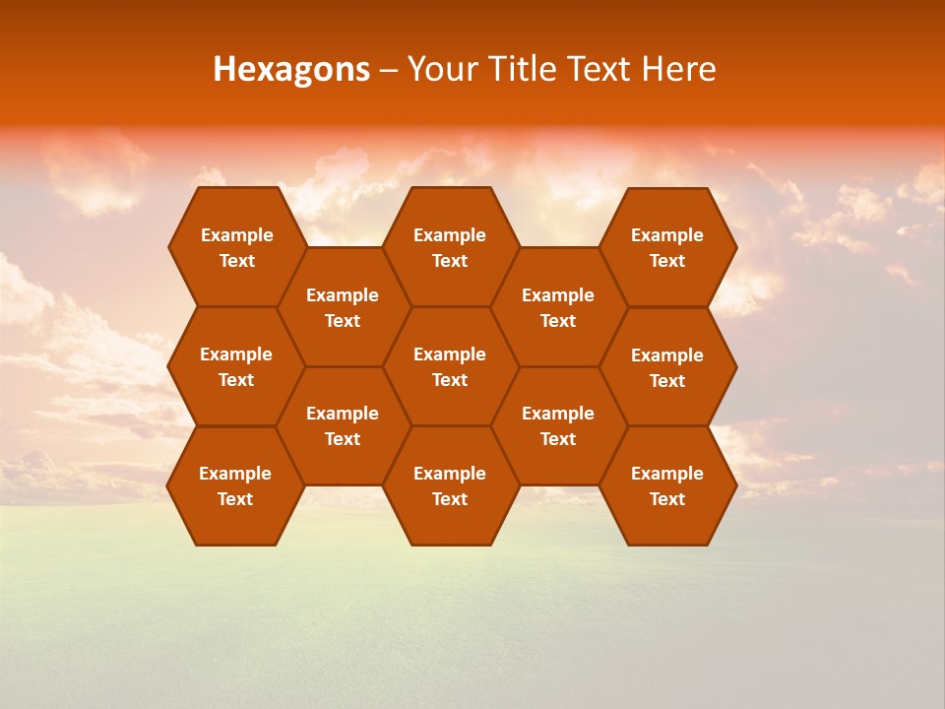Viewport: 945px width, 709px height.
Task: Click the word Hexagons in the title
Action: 291,69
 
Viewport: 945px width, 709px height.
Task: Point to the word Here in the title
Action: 678,69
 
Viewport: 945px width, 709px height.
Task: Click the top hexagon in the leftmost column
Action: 236,247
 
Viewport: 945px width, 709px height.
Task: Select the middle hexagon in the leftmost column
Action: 236,366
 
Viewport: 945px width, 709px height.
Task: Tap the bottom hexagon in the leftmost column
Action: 235,485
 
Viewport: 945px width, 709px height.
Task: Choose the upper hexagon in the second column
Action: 343,307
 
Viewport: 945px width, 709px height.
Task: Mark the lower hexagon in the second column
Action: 343,425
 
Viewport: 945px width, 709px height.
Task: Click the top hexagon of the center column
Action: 450,247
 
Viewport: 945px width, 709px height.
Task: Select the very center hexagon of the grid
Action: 450,366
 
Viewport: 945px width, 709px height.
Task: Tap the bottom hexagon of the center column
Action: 450,485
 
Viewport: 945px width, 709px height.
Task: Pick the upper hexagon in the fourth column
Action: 558,307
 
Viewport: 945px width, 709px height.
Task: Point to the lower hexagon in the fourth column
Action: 558,425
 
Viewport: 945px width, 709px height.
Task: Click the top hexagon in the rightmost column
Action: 667,247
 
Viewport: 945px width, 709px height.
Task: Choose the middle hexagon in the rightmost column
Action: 667,367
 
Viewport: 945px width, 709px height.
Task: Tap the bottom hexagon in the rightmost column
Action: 667,485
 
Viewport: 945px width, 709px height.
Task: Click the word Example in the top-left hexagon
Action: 236,235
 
